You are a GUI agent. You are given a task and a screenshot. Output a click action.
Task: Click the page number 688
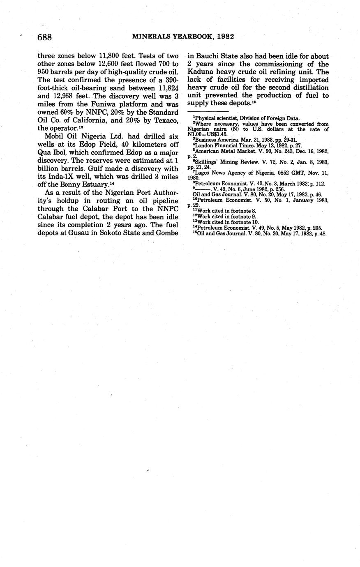pyautogui.click(x=44, y=37)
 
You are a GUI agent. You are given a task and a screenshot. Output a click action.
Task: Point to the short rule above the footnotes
pyautogui.click(x=208, y=111)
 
